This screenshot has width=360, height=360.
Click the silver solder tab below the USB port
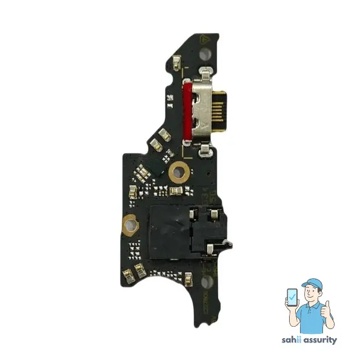coord(206,147)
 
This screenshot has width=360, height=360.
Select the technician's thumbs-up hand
coord(329,310)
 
